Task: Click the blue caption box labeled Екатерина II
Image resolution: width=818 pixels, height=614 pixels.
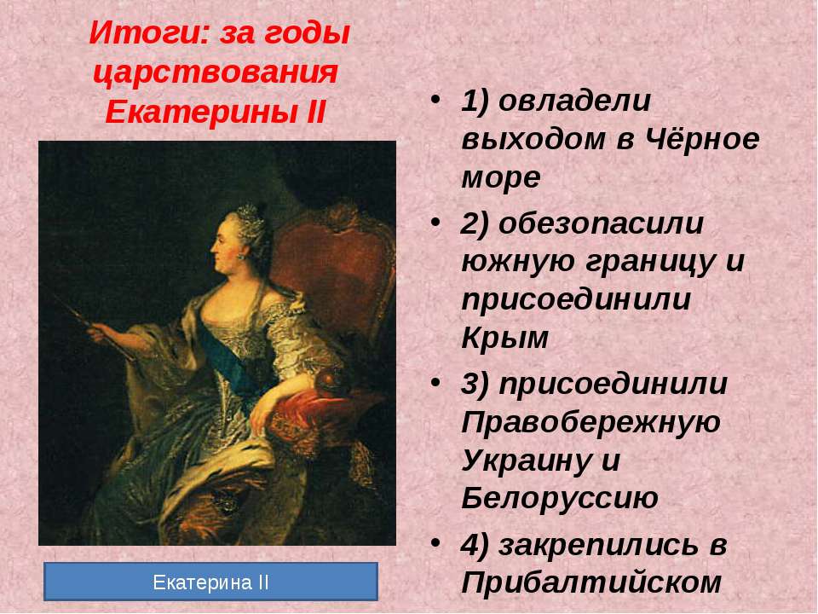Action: [210, 582]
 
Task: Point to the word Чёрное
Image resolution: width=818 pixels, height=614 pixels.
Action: [701, 138]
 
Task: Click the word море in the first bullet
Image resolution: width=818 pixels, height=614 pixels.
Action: [501, 178]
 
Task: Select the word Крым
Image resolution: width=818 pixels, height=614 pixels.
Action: [505, 338]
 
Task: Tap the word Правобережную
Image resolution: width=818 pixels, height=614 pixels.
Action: [591, 422]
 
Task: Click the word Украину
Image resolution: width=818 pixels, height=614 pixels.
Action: [526, 461]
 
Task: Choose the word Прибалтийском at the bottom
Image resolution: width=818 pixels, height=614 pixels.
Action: [591, 582]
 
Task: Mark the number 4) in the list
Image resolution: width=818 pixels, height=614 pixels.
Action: [475, 546]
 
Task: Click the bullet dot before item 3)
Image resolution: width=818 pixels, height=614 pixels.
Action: [435, 382]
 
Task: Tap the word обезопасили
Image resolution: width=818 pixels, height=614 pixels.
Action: [601, 223]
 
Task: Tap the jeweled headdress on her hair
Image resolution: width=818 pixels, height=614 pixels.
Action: [249, 215]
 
